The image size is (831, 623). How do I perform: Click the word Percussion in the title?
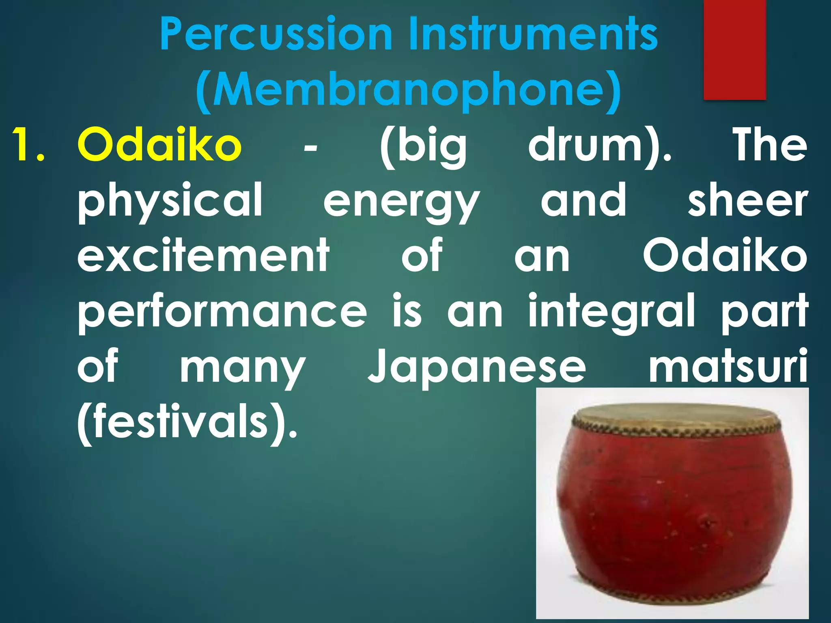(276, 34)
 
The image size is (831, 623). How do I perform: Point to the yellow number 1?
(26, 145)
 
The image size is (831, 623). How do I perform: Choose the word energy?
(402, 203)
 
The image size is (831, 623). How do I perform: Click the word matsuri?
(728, 367)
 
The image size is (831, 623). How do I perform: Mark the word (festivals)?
(187, 424)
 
